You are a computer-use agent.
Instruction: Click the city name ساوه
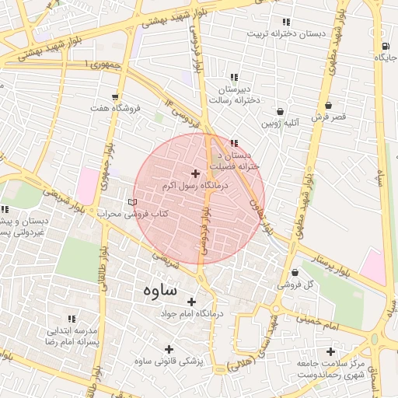pos(160,289)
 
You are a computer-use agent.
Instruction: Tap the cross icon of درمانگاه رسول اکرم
pos(194,173)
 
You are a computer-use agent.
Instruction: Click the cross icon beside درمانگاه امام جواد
pos(191,302)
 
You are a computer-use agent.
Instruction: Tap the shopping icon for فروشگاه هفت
pos(116,96)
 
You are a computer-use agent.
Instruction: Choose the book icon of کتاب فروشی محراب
pos(131,202)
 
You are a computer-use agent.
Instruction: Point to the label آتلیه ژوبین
pos(279,123)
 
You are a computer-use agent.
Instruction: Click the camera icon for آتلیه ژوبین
pos(279,111)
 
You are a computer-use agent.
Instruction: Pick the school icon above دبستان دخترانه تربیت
pos(286,22)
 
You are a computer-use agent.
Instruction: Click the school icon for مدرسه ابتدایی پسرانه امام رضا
pos(72,319)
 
